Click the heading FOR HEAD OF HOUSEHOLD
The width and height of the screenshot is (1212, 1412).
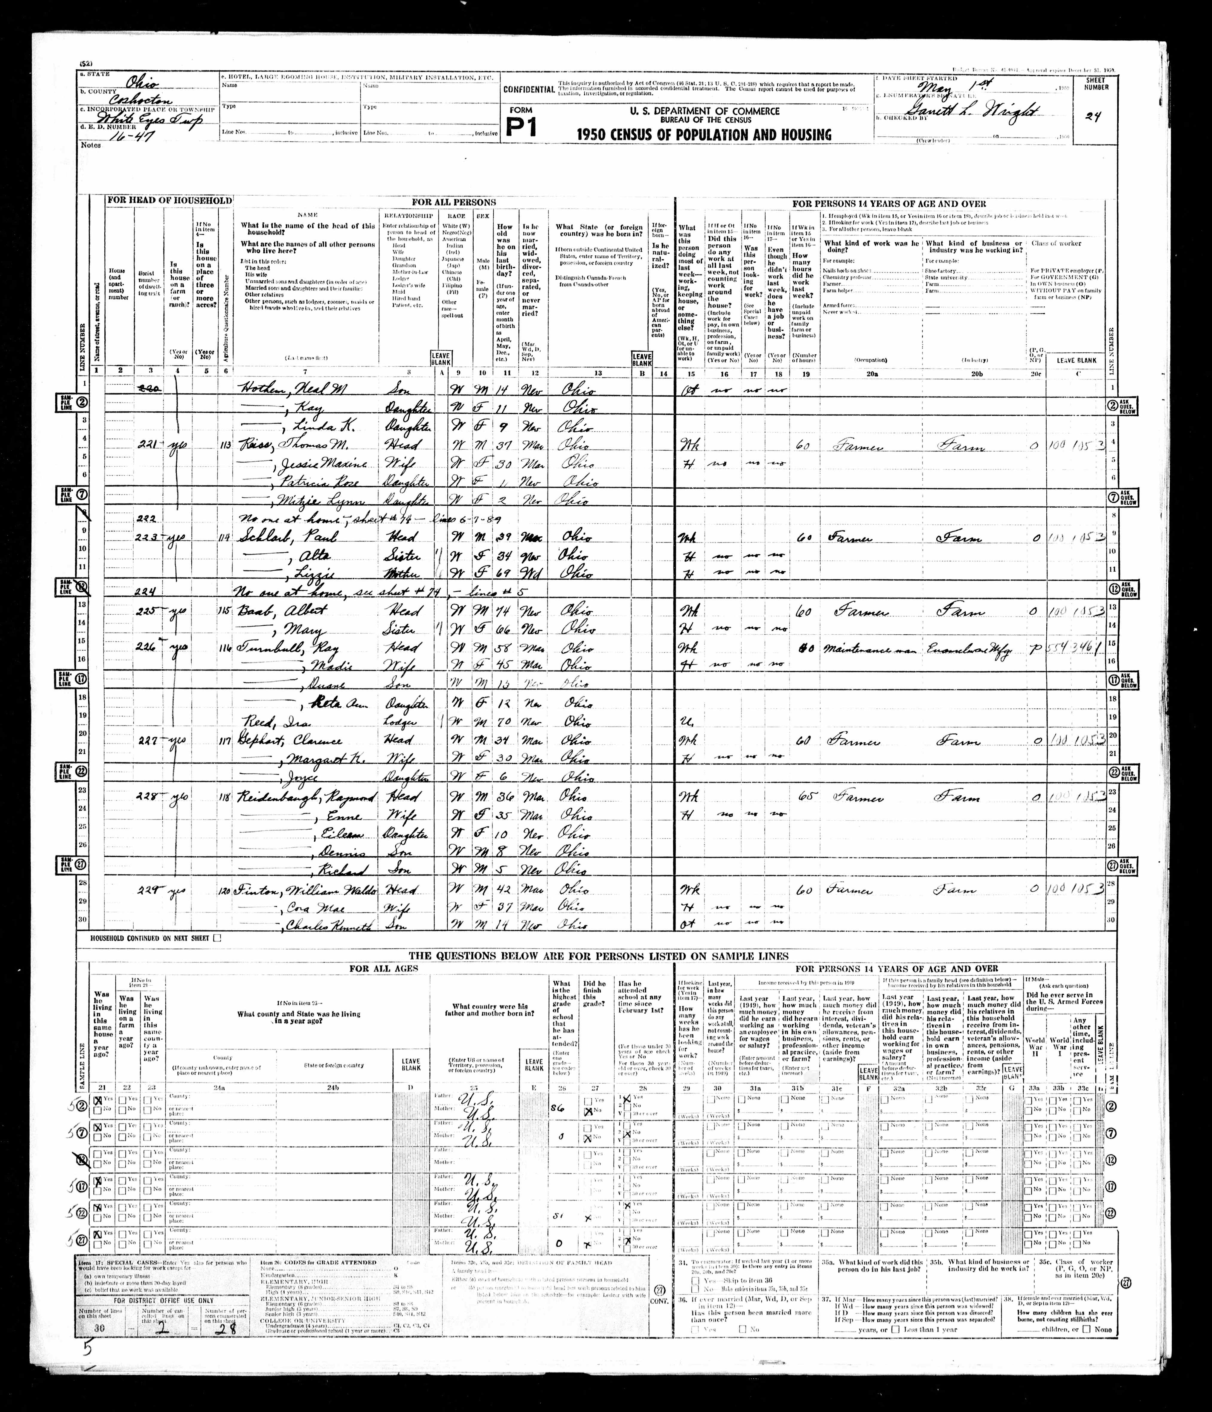[168, 201]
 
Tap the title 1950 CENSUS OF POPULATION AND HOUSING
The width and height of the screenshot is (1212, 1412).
[704, 135]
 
